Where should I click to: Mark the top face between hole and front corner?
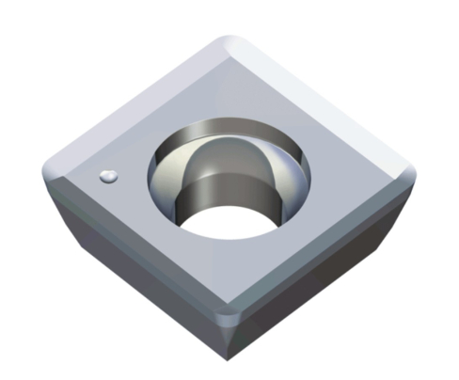(x=229, y=273)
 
